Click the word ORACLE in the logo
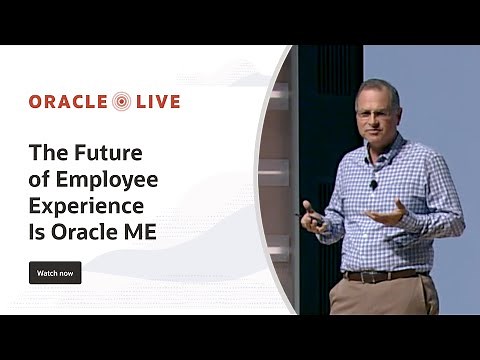click(69, 101)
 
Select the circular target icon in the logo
click(122, 101)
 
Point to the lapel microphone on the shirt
click(374, 184)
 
